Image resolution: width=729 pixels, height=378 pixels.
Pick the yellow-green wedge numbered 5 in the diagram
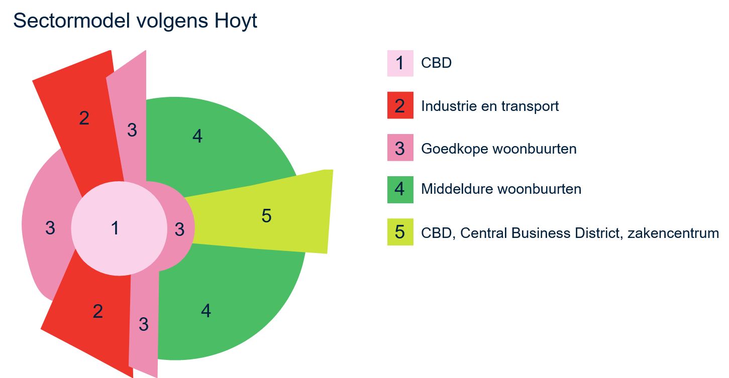pos(266,216)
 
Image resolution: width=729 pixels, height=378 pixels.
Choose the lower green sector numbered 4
pos(211,311)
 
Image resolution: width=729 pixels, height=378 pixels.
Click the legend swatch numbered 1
pos(400,63)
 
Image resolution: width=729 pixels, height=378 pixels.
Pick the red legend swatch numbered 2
pos(400,106)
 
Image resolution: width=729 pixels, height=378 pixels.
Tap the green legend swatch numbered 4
pos(400,189)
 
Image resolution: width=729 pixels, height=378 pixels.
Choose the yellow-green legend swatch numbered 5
pos(400,232)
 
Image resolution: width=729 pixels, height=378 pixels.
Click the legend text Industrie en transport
pos(490,106)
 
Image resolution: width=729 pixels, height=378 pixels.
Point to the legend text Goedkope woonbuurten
pos(498,149)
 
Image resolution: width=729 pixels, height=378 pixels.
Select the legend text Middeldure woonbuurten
pos(501,189)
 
